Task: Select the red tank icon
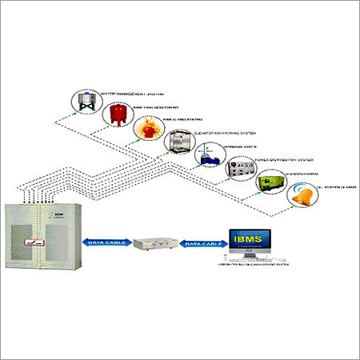(116, 115)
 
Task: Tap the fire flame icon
(146, 129)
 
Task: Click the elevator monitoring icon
(178, 142)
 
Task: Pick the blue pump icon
(209, 156)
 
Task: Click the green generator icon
(270, 182)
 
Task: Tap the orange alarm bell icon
(302, 194)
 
